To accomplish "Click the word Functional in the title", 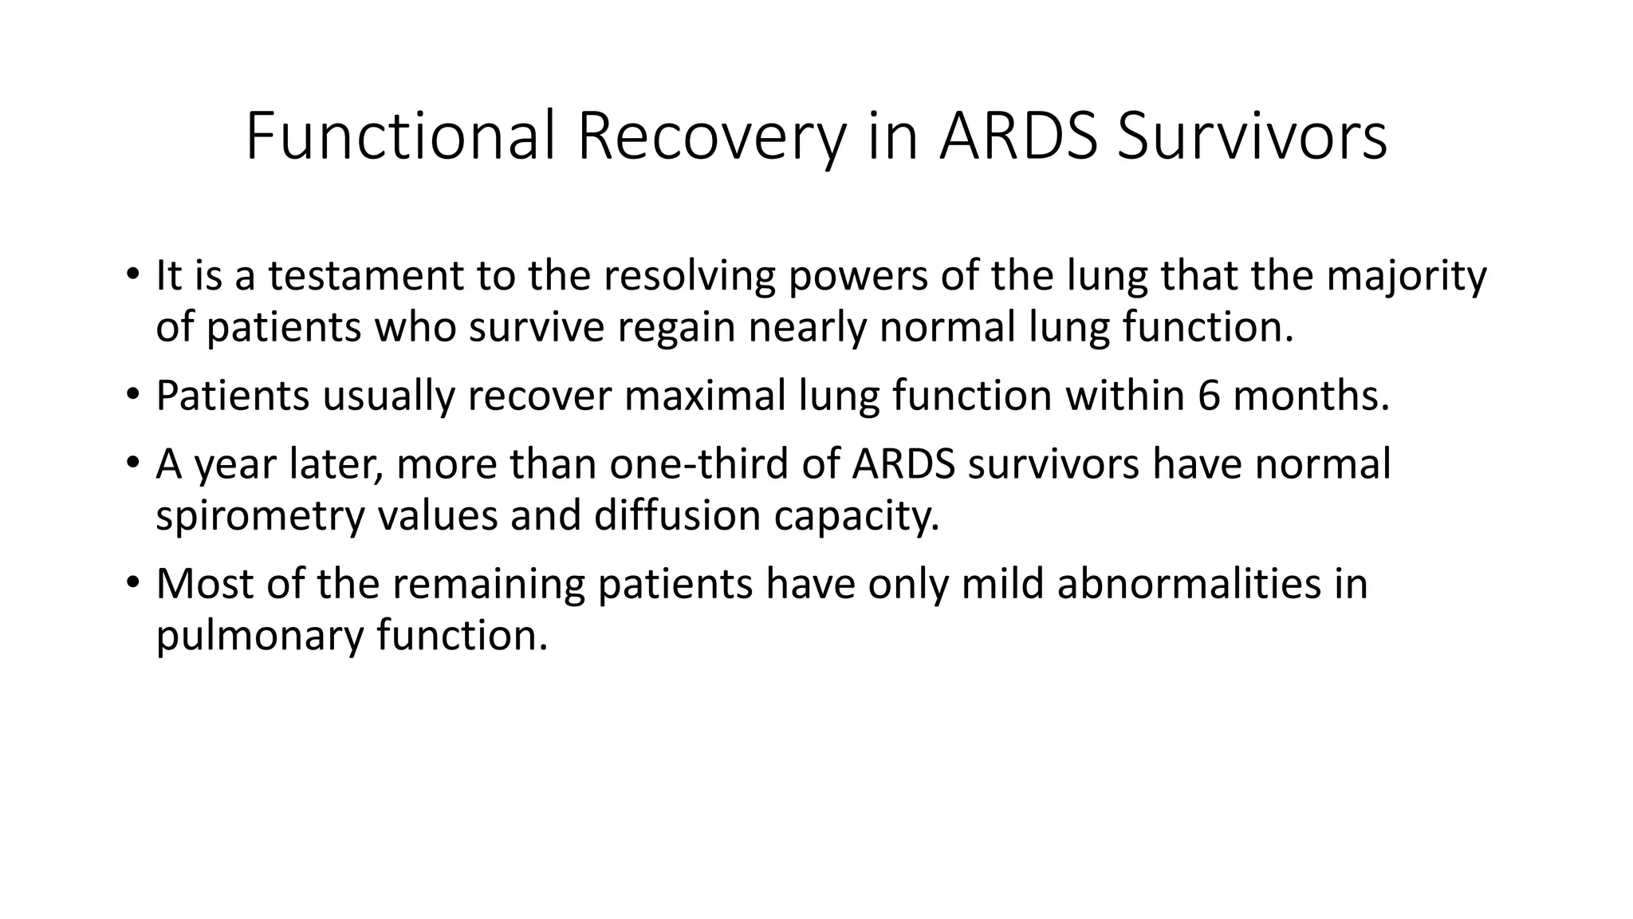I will click(x=399, y=136).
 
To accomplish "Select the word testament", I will click(x=365, y=275).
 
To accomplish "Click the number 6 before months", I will click(x=1209, y=395).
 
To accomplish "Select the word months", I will click(x=1311, y=395).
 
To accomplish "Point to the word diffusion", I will click(x=677, y=515).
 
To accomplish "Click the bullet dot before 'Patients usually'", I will click(x=132, y=393).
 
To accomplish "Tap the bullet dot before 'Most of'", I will click(x=132, y=582).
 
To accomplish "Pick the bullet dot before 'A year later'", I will click(x=132, y=462).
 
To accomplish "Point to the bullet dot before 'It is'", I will click(x=132, y=274).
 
